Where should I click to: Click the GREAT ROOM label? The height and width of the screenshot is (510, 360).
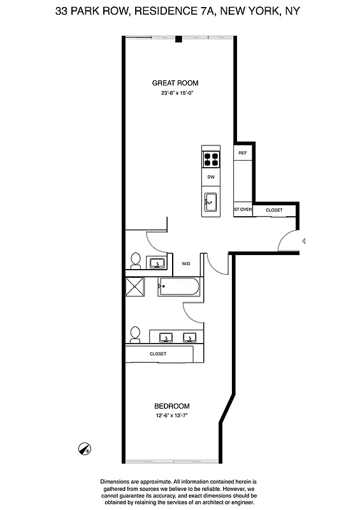pos(175,83)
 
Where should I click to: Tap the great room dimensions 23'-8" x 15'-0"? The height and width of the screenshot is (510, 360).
pos(176,93)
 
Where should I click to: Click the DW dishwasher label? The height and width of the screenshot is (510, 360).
pos(211,177)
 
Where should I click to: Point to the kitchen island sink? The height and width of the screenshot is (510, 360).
pos(211,203)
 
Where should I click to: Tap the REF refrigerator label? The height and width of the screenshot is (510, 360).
pos(242,154)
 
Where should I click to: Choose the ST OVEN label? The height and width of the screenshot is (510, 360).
pos(243,210)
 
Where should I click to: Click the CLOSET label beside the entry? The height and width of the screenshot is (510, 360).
pos(274,210)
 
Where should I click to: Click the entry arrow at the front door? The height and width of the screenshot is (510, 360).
pos(304,241)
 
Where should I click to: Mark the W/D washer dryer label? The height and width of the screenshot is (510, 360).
pos(186,263)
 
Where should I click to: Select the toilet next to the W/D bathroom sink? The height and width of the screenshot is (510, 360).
pos(135,260)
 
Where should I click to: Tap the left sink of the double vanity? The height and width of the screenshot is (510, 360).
pos(167,337)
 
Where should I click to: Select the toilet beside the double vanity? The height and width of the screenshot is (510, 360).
pos(134,334)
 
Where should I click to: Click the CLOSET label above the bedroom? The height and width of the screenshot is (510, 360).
pos(158,354)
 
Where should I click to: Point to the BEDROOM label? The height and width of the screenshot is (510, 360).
pos(172,406)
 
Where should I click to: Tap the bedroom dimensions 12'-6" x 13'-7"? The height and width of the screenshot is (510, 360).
pos(172,416)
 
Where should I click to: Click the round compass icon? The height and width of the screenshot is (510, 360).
pos(83,448)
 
